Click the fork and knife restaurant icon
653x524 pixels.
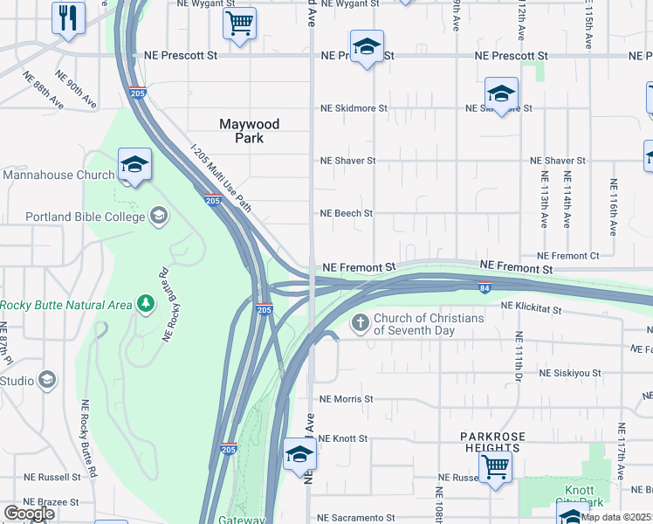point(67,17)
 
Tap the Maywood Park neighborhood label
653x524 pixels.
point(249,131)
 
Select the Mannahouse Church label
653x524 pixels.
point(58,175)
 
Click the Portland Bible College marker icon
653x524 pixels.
point(159,215)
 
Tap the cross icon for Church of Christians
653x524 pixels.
point(360,324)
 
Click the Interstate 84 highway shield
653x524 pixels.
point(485,286)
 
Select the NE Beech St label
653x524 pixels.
point(347,213)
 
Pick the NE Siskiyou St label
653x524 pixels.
point(572,373)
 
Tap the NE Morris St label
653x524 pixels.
point(347,399)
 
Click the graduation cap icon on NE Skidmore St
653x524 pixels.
point(501,93)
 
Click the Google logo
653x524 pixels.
point(29,514)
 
